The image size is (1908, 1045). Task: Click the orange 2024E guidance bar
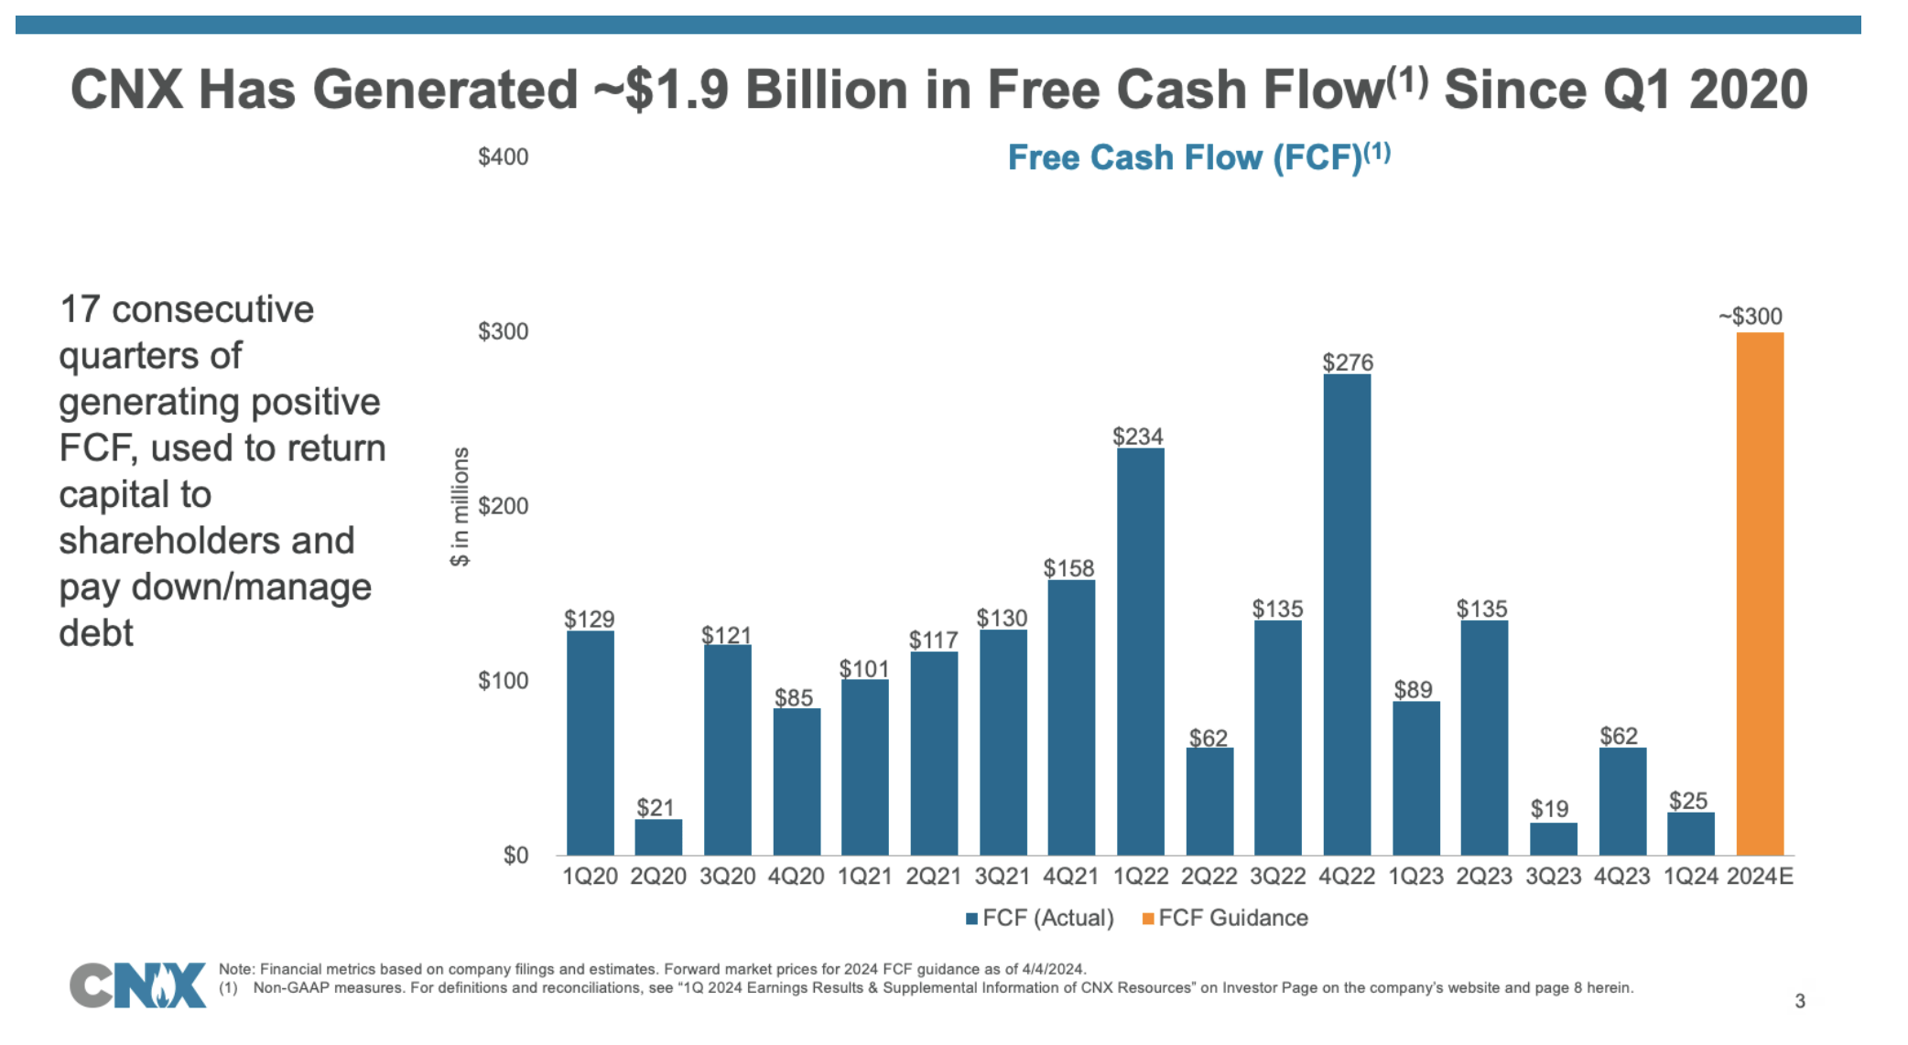pyautogui.click(x=1760, y=595)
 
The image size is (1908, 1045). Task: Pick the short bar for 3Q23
pyautogui.click(x=1553, y=839)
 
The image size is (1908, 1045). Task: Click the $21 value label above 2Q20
pyautogui.click(x=656, y=807)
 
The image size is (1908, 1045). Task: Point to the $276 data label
pyautogui.click(x=1348, y=362)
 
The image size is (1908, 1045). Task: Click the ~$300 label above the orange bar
pyautogui.click(x=1751, y=317)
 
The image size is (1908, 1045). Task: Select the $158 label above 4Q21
pyautogui.click(x=1068, y=568)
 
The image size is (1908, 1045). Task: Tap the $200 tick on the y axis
pyautogui.click(x=503, y=506)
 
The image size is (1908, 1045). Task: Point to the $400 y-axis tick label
pyautogui.click(x=503, y=157)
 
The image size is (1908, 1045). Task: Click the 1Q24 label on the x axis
pyautogui.click(x=1690, y=877)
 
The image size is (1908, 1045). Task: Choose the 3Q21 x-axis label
pyautogui.click(x=1002, y=877)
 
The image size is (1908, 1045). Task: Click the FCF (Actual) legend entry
pyautogui.click(x=1040, y=918)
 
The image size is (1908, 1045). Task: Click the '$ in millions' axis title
pyautogui.click(x=460, y=506)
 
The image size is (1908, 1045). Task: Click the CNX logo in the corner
pyautogui.click(x=138, y=985)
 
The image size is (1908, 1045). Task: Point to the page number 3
pyautogui.click(x=1799, y=1001)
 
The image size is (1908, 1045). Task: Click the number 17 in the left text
pyautogui.click(x=80, y=309)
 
